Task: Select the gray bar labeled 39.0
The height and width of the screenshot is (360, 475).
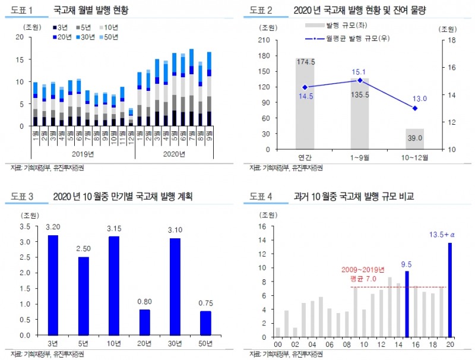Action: point(414,139)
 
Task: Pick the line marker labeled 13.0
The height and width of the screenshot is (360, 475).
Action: point(414,108)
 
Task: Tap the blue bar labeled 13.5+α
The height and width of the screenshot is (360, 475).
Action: point(449,289)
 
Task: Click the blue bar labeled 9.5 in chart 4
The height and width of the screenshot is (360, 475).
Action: point(407,302)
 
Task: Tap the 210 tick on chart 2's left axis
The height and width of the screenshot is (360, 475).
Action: point(265,40)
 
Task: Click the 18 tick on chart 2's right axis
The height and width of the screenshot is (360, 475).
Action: point(451,40)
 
